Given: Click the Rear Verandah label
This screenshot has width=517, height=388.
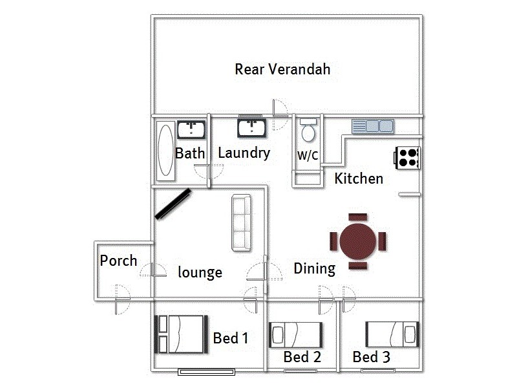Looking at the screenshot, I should tap(282, 69).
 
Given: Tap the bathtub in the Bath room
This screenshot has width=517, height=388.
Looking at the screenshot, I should tap(165, 151).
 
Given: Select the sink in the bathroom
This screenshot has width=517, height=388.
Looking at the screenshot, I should tap(191, 129).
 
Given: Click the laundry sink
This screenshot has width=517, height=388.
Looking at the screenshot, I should tap(251, 129).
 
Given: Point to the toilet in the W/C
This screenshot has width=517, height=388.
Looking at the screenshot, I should tap(308, 132).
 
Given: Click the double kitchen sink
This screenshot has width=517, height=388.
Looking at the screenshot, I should tap(373, 126).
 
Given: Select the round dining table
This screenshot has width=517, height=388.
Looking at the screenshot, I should tap(358, 241).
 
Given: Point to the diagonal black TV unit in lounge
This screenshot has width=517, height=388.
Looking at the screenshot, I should tap(172, 204).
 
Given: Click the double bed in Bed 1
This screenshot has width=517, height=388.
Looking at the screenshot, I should tap(181, 333).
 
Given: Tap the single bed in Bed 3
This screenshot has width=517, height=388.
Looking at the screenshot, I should tap(392, 334).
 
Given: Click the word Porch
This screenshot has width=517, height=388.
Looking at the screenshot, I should tap(118, 261).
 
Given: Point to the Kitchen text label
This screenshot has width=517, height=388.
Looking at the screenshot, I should tap(359, 178).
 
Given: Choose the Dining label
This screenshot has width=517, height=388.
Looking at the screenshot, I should tap(314, 268).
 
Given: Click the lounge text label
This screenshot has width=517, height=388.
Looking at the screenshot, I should tap(200, 272).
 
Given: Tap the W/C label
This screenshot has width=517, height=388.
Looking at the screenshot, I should tap(307, 156).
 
